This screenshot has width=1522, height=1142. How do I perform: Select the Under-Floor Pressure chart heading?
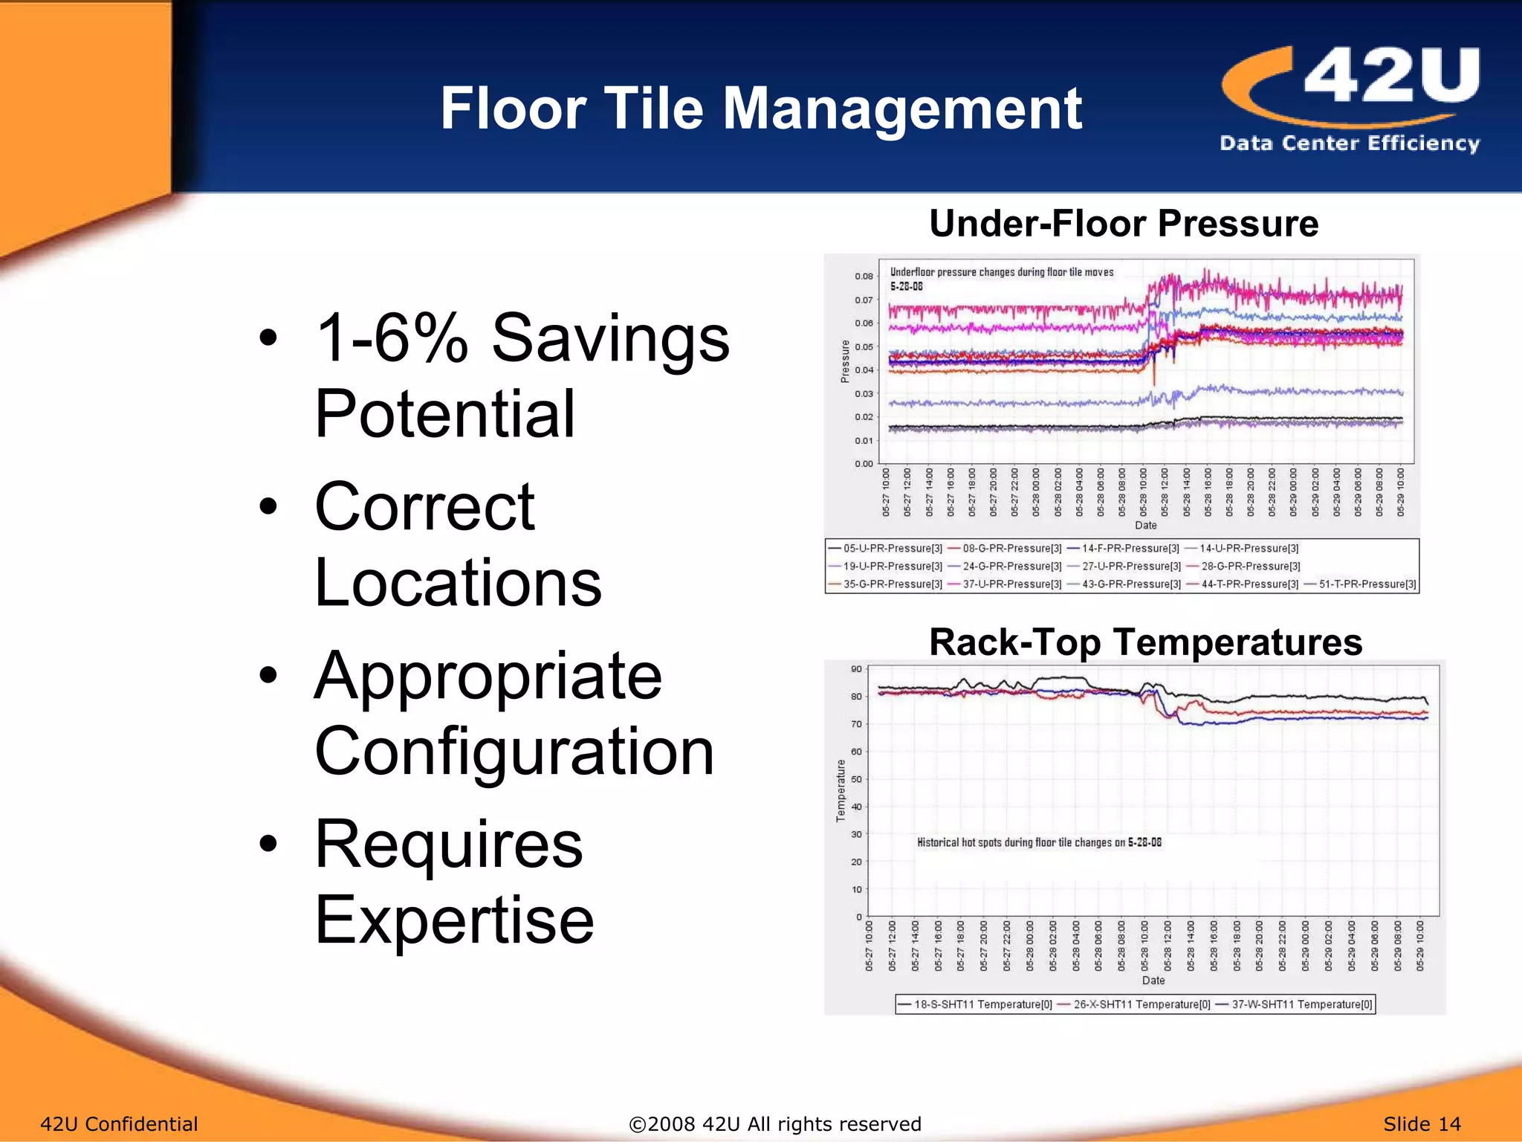click(1124, 223)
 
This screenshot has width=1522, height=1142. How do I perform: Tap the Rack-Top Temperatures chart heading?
click(1145, 642)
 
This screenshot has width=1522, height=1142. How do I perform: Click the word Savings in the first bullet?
click(610, 338)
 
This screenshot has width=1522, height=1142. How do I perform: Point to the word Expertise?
click(454, 920)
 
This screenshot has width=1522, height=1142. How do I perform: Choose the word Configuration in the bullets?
click(514, 752)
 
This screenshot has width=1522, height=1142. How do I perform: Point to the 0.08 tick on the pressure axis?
click(864, 277)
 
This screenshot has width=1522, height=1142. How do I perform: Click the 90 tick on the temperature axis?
click(856, 669)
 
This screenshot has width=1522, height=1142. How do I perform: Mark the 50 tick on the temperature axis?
click(856, 779)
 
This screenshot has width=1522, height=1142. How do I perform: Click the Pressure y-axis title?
click(845, 361)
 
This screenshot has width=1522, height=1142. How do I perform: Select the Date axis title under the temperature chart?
click(1153, 981)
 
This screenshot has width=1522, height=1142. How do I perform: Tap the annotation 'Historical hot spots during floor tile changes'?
click(1039, 842)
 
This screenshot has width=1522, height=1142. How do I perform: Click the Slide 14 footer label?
click(1422, 1124)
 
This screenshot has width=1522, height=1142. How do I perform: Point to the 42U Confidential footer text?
click(119, 1124)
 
